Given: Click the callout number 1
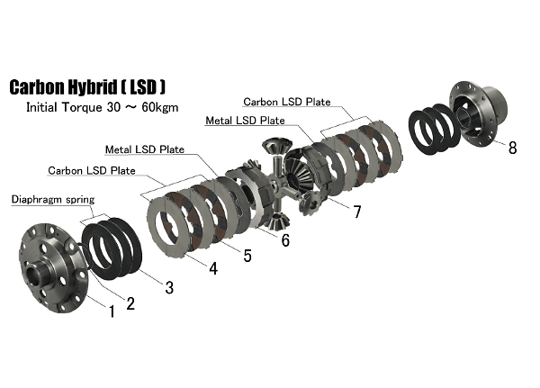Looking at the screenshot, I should pos(112,311).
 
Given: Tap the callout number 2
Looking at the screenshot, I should pos(130,302).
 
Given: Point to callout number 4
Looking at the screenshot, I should pos(213,267).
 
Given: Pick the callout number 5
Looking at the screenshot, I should pos(247,256).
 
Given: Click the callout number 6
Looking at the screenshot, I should pos(285,240).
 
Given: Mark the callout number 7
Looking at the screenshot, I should pos(357,212).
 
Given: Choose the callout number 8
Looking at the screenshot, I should pos(512,148).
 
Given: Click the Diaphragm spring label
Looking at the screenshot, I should pos(52,199).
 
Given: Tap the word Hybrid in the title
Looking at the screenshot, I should pos(116,88).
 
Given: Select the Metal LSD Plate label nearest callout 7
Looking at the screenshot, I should pos(246,119).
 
